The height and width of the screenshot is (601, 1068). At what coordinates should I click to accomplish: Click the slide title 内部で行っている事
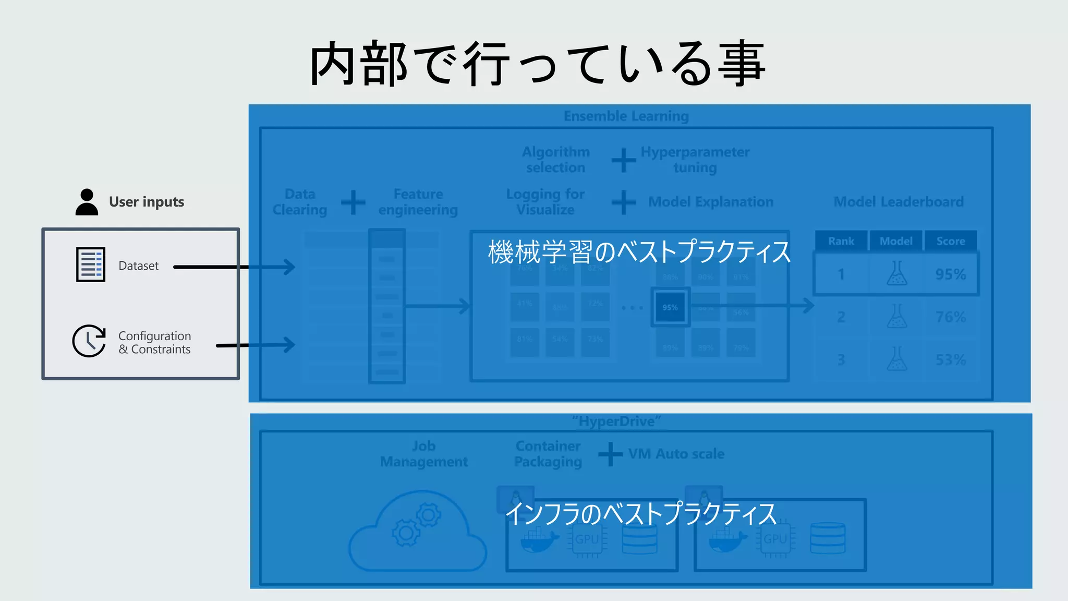tap(537, 64)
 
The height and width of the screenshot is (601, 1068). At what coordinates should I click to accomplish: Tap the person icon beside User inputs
tap(87, 202)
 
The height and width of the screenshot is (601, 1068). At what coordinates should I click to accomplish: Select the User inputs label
tap(147, 202)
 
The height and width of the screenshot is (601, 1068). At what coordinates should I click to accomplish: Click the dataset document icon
tap(91, 265)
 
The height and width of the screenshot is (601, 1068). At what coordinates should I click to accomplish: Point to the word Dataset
tap(138, 266)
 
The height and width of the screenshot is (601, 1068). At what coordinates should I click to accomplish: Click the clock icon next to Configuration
tap(89, 341)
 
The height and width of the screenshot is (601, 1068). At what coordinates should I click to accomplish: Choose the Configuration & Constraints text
tap(154, 343)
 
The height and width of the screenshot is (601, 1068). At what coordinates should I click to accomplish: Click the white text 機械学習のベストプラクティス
tap(639, 252)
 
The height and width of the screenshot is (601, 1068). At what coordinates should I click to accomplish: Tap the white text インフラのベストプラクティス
tap(641, 514)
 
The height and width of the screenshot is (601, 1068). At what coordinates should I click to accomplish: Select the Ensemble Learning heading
tap(626, 116)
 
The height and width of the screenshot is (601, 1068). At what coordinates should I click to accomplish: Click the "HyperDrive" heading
tap(616, 422)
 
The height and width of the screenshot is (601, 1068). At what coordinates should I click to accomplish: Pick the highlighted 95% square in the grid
tap(670, 307)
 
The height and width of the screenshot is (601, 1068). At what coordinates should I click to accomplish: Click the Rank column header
tap(841, 241)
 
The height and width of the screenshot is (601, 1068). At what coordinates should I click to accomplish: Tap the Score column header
tap(951, 241)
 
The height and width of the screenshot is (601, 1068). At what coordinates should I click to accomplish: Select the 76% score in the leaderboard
tap(951, 317)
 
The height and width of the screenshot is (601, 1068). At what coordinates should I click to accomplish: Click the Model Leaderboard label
tap(899, 202)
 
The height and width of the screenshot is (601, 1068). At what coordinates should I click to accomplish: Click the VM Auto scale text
tap(676, 454)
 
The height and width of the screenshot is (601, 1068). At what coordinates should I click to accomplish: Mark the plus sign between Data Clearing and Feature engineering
tap(353, 202)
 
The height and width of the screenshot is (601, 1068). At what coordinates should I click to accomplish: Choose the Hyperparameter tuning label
tap(695, 160)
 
